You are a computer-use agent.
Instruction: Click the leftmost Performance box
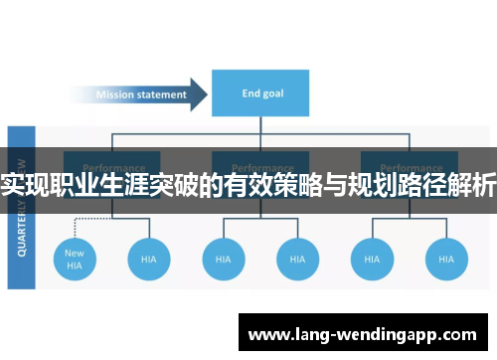point(112,168)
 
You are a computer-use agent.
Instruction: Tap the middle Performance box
point(260,168)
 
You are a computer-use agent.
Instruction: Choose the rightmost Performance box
point(409,168)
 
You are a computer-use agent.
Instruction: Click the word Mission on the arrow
point(115,95)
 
